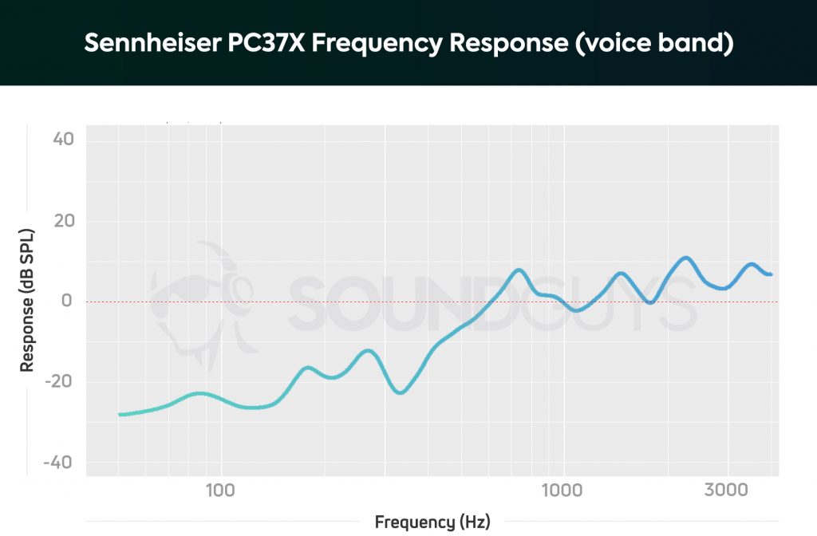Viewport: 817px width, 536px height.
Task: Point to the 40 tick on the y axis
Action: [63, 140]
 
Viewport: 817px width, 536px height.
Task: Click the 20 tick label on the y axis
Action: [63, 221]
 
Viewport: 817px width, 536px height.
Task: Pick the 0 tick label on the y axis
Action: [68, 301]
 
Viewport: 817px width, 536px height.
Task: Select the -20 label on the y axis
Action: [60, 382]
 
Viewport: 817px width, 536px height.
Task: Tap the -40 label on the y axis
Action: [60, 463]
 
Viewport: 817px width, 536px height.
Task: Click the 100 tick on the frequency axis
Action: [217, 490]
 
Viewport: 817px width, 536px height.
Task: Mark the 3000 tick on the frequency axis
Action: [727, 490]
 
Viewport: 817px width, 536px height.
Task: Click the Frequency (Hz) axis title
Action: [432, 522]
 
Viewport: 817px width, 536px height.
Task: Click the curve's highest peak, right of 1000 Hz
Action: [685, 258]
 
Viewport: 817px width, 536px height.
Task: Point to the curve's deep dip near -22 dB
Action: [401, 392]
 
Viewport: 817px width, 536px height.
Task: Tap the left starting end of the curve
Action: [120, 414]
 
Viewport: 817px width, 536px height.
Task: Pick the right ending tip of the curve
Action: [770, 274]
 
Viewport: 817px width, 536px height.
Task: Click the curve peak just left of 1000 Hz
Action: [519, 270]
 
